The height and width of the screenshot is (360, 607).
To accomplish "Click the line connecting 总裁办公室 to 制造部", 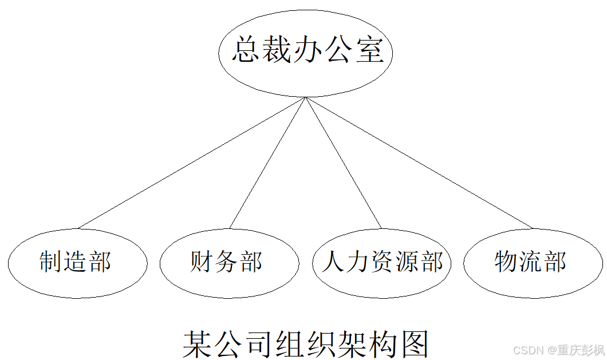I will [192, 163].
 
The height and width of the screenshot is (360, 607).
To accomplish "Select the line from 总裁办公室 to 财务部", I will [267, 163].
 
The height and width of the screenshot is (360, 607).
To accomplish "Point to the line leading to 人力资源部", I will [344, 163].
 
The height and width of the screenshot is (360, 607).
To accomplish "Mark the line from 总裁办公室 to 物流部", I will [419, 163].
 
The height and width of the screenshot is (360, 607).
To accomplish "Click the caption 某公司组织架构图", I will [306, 343].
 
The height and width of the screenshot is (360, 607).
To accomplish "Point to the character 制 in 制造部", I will [50, 262].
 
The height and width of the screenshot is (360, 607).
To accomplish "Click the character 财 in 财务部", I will [202, 262].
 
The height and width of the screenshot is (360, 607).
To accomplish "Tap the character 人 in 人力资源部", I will [333, 262].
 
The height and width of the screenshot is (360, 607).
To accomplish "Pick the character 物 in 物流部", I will [506, 262].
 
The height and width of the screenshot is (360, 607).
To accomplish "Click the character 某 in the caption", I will [196, 343].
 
